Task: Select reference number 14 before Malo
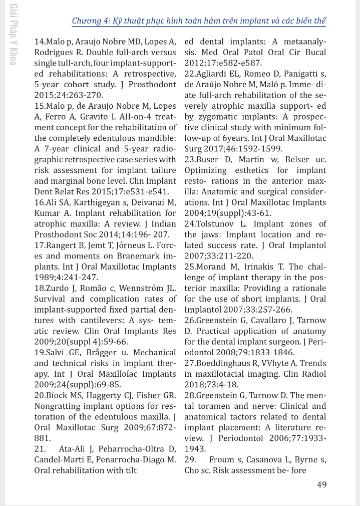pyautogui.click(x=39, y=42)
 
